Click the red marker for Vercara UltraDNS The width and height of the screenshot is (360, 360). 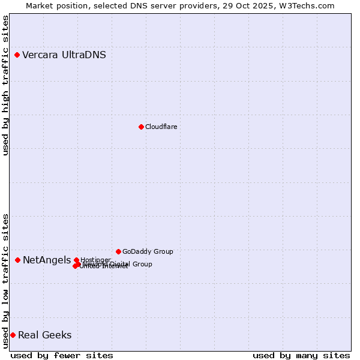pos(17,55)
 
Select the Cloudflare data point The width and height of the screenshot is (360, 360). pos(141,127)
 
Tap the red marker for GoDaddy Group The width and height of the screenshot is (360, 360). pos(118,251)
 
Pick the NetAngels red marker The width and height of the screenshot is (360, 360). pos(18,260)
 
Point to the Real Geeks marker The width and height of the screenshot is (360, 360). pos(13,335)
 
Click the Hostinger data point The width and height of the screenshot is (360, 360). pos(76,260)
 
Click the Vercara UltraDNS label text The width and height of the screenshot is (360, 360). pos(64,55)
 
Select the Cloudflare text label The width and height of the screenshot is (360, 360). pos(161,127)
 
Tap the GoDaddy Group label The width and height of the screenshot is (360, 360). pos(148,251)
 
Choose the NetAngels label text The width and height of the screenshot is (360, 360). pos(47,260)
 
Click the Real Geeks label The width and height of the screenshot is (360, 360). pos(45,335)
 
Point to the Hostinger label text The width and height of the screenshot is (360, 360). pos(95,260)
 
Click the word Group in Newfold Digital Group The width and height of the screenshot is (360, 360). pos(142,264)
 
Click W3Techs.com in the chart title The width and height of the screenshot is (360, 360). pos(308,5)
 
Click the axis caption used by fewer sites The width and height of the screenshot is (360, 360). pos(62,356)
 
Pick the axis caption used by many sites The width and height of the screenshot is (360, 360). pos(301,356)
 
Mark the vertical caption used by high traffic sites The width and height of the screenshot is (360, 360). pos(5,85)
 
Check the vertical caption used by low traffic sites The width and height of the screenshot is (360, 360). pos(5,280)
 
